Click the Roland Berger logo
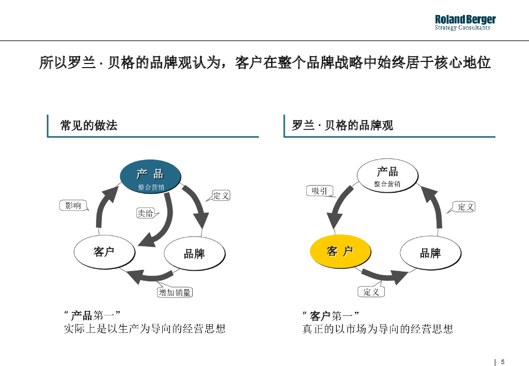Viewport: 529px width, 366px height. click(x=465, y=22)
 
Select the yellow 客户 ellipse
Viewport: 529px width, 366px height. click(x=340, y=251)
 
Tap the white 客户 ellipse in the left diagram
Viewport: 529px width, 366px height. click(x=104, y=252)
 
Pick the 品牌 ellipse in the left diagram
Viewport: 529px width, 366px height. click(x=194, y=253)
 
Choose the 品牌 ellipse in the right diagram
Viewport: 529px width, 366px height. click(x=430, y=253)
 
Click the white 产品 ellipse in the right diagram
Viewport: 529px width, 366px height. click(x=387, y=176)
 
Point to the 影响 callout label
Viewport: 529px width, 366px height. click(x=73, y=205)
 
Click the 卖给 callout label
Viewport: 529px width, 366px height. click(x=145, y=213)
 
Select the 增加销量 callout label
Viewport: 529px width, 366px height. click(x=175, y=293)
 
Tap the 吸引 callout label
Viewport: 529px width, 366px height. click(x=319, y=191)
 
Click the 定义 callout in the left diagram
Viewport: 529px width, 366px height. click(x=221, y=195)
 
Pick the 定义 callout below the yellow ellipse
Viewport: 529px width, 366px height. click(x=371, y=292)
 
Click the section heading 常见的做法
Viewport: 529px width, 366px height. click(x=89, y=125)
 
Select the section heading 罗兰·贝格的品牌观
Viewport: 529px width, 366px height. click(x=343, y=125)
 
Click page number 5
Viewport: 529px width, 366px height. click(x=503, y=361)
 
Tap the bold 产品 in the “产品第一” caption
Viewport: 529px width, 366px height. click(x=81, y=315)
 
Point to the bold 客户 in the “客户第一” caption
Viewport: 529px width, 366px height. click(x=320, y=315)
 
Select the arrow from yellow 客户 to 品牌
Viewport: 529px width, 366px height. click(x=385, y=276)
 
